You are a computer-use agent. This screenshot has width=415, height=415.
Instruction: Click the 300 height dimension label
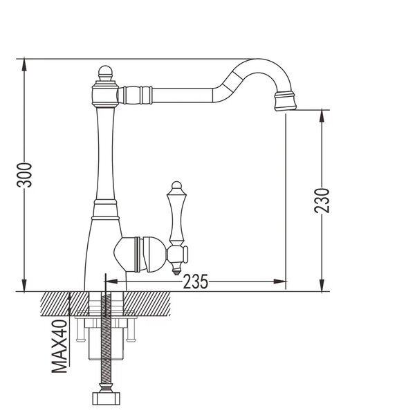(24, 175)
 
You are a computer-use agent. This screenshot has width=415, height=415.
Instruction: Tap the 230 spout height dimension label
(322, 201)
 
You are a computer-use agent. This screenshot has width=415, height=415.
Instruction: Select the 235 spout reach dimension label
(196, 282)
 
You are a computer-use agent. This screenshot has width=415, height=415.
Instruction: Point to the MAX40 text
(59, 347)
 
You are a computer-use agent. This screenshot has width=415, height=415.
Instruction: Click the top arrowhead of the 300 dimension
(24, 64)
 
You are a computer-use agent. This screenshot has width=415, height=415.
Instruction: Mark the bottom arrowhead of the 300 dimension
(24, 285)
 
